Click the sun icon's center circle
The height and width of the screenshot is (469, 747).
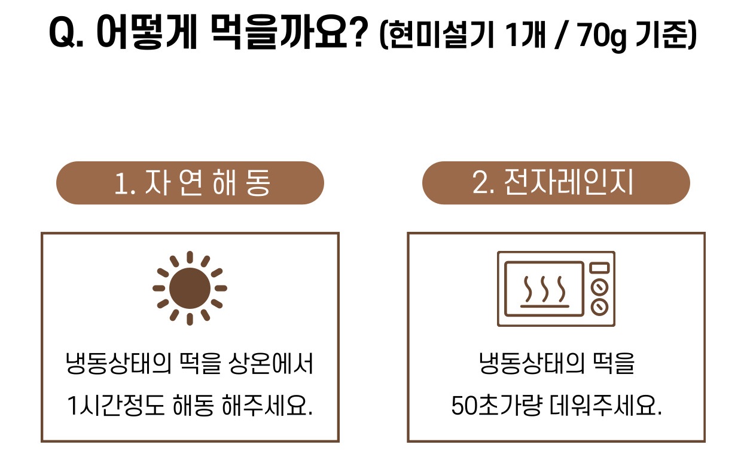click(x=190, y=288)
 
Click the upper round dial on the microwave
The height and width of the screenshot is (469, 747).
click(x=599, y=287)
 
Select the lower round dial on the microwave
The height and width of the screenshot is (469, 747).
click(x=599, y=306)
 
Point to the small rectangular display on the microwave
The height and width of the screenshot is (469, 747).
click(x=599, y=268)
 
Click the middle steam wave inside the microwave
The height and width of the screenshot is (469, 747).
click(x=545, y=289)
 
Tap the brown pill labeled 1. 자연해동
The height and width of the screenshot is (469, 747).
click(x=190, y=183)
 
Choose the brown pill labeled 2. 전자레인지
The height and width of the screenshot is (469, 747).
click(x=556, y=183)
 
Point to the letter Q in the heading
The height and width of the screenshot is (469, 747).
click(x=62, y=32)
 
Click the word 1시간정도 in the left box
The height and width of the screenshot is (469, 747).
click(x=115, y=405)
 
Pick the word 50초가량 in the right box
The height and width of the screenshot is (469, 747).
click(x=496, y=405)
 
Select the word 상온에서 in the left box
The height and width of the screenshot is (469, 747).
click(x=271, y=363)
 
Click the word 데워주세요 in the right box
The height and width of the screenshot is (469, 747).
click(x=605, y=405)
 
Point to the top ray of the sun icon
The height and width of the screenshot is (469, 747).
click(x=190, y=257)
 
